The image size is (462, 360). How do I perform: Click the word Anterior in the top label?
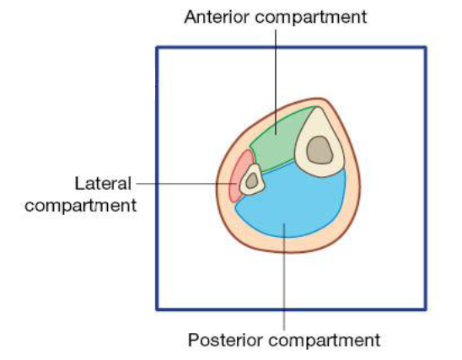218,17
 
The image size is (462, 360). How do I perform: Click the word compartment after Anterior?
311,18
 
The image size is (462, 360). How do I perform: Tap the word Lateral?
103,184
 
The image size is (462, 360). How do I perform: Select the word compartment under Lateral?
81,206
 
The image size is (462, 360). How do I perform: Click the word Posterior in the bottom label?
226,340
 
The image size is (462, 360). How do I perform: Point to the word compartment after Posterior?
325,341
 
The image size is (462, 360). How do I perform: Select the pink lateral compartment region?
240,174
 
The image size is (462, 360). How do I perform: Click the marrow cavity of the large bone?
320,150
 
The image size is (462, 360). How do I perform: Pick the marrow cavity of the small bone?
252,180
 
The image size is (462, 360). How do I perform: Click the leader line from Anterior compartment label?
276,82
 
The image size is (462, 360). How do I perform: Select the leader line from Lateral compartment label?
186,184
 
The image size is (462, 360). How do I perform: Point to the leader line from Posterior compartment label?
284,277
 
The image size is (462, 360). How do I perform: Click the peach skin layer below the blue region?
287,244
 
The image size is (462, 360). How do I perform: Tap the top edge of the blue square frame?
291,47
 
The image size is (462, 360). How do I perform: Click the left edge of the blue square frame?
157,178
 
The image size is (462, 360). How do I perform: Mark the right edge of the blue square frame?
425,178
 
